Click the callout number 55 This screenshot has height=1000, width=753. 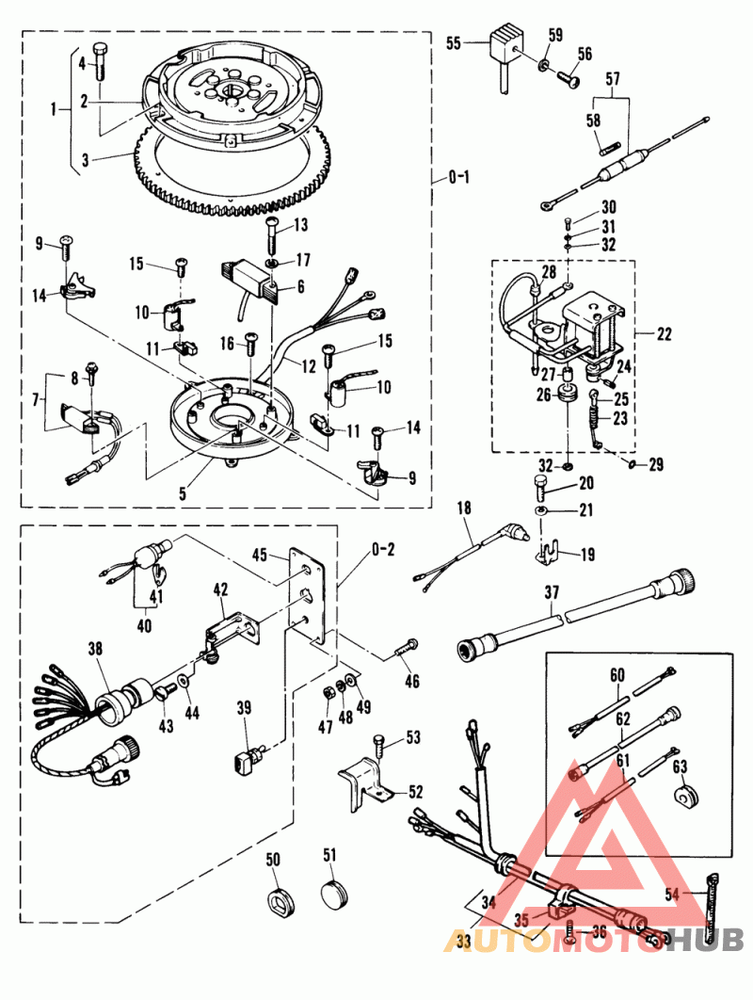pyautogui.click(x=454, y=43)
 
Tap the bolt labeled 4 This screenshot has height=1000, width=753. pyautogui.click(x=101, y=61)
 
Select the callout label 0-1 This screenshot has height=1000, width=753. pyautogui.click(x=459, y=177)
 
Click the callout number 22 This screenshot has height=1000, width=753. pyautogui.click(x=665, y=333)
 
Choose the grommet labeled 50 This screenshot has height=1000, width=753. pyautogui.click(x=280, y=899)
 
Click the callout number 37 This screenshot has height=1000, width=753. pyautogui.click(x=553, y=593)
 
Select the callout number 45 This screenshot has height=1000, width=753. pyautogui.click(x=260, y=555)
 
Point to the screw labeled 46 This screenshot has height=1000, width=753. pyautogui.click(x=406, y=646)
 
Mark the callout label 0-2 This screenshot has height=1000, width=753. pyautogui.click(x=382, y=550)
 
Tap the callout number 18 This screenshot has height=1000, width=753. pyautogui.click(x=465, y=508)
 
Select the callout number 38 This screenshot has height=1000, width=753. pyautogui.click(x=95, y=648)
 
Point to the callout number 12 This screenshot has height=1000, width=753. pyautogui.click(x=310, y=366)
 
